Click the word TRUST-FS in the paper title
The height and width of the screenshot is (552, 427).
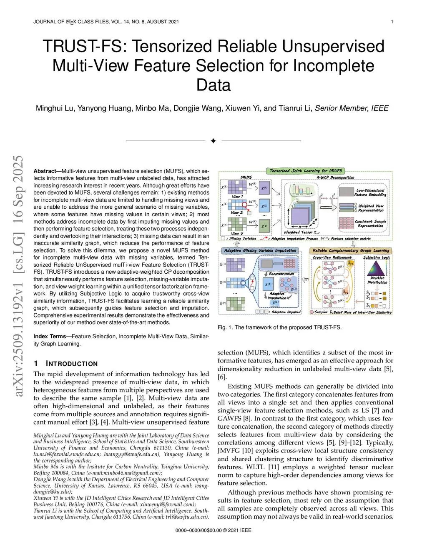tap(83, 46)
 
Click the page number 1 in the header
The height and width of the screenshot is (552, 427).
tap(392, 22)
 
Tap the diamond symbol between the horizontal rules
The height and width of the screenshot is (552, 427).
tap(213, 141)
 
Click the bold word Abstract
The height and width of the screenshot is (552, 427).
tap(45, 171)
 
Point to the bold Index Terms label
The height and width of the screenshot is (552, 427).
tap(50, 337)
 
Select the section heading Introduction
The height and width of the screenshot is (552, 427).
tap(71, 364)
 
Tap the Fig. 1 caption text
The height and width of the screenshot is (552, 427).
tap(279, 327)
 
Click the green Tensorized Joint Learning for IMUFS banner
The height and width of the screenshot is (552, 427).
tap(306, 171)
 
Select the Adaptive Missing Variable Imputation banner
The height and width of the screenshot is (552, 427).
tap(260, 251)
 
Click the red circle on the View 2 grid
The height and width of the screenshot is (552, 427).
tap(249, 213)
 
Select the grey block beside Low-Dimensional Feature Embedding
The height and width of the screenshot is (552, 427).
tap(346, 192)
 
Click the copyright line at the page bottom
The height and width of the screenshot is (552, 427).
tap(213, 530)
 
